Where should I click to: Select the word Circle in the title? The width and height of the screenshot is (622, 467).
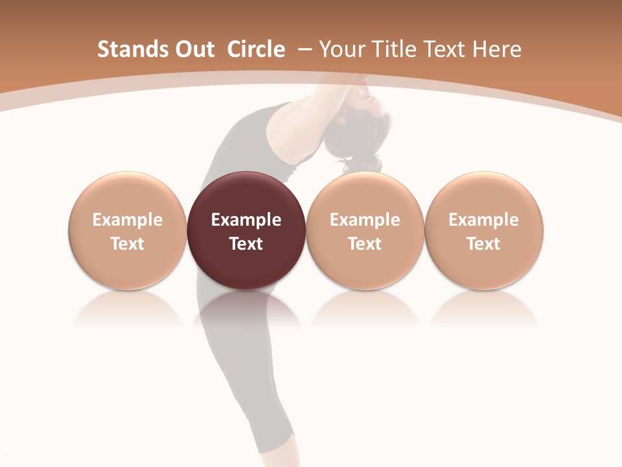(256, 49)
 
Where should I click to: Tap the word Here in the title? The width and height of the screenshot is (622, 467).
(498, 49)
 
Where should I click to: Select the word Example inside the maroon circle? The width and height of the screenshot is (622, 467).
(246, 220)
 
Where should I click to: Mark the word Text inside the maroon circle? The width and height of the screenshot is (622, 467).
(246, 244)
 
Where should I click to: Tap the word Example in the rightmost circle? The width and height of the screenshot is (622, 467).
(484, 220)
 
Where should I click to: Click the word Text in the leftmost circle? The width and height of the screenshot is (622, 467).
(127, 244)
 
